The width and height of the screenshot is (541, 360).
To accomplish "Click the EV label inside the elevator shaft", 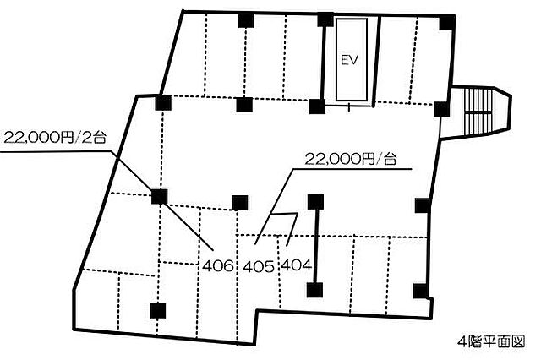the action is (350, 61).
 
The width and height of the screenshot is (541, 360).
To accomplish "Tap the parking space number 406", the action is (218, 266).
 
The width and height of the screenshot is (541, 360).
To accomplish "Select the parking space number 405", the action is (259, 266).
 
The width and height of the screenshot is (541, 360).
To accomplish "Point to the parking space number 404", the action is (297, 265).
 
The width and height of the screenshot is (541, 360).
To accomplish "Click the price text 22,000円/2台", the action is (55, 138).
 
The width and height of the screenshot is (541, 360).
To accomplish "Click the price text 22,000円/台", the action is (351, 159).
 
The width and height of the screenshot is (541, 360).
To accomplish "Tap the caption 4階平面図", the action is (491, 341).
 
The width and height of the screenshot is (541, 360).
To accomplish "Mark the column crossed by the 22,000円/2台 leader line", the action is (160, 197).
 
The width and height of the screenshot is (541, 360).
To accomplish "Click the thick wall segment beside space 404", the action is (316, 246).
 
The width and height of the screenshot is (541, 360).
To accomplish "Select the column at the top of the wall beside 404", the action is (315, 202).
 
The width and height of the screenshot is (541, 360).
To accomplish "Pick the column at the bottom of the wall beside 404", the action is (314, 290).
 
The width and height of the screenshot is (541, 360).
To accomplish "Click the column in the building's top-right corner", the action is (447, 23).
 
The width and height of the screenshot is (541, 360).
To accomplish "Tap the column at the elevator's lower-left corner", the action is (318, 106).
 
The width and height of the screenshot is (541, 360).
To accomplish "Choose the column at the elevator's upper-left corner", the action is (325, 19).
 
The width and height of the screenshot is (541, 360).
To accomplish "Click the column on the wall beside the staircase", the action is (441, 109).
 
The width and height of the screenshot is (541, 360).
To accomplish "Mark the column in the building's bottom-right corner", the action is (421, 291).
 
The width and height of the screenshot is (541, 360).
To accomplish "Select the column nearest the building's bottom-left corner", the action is (158, 311).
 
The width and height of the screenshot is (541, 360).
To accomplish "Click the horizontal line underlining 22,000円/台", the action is (352, 169).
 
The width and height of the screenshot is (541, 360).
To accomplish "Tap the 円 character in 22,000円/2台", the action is (67, 138).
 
